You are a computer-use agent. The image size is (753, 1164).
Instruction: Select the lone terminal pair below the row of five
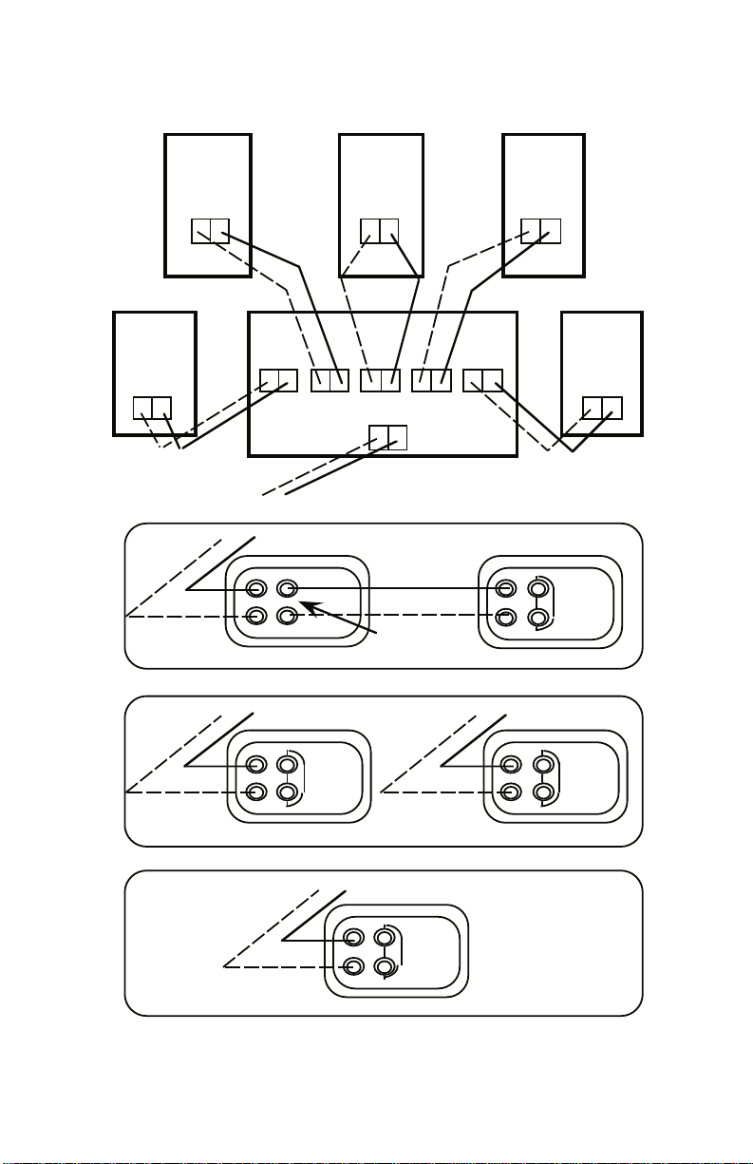point(387,436)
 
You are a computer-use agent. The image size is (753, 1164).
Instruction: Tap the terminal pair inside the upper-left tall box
point(210,231)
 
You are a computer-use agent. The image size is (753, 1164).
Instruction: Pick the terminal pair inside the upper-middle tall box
point(380,231)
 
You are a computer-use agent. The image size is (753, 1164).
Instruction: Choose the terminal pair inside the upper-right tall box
point(541,231)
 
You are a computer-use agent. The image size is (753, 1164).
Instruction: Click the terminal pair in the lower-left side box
point(152,409)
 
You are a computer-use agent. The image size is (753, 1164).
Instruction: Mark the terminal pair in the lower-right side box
point(602,408)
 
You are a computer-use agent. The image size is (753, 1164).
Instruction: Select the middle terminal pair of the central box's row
point(380,380)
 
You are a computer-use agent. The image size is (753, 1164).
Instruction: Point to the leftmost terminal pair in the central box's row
point(278,380)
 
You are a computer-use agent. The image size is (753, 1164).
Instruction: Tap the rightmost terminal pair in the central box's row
point(482,380)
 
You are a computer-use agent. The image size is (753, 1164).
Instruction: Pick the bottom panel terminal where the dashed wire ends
point(353,966)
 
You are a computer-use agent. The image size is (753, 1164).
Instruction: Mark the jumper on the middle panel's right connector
point(557,777)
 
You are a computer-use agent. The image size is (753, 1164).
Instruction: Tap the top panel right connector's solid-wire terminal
point(506,588)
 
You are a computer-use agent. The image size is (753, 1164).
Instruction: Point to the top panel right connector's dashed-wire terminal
point(506,617)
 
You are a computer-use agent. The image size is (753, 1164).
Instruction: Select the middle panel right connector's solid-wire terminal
point(511,764)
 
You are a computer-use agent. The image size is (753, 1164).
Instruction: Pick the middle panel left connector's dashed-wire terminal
point(255,792)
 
